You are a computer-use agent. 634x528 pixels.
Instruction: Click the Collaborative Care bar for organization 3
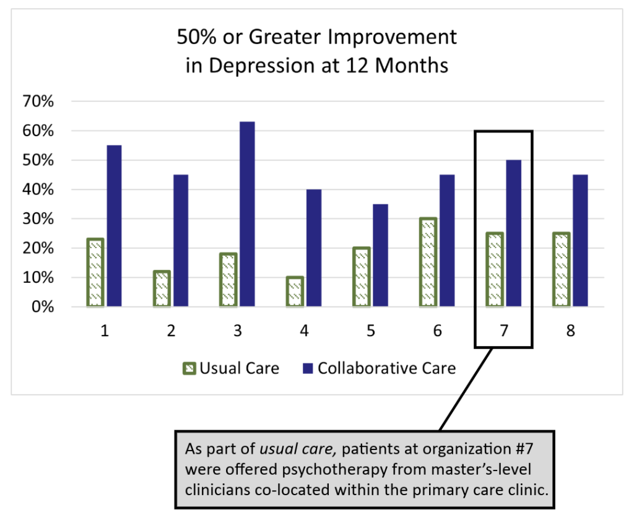[247, 214]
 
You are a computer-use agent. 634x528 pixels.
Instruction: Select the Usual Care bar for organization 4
[294, 292]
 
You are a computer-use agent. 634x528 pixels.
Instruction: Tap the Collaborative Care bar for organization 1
[114, 225]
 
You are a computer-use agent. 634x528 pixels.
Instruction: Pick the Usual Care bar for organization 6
[427, 262]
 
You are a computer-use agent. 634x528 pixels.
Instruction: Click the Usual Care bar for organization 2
[161, 288]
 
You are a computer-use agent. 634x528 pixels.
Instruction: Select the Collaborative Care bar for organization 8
[580, 240]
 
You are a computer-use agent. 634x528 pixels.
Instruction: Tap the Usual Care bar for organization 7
[494, 270]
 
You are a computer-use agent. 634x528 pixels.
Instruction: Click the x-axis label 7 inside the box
[503, 331]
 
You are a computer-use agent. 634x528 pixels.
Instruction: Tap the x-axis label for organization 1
[105, 331]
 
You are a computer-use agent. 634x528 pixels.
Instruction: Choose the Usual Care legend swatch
[189, 369]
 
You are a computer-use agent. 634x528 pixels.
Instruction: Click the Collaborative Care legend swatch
[306, 369]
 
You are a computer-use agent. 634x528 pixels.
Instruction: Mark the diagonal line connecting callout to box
[466, 389]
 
